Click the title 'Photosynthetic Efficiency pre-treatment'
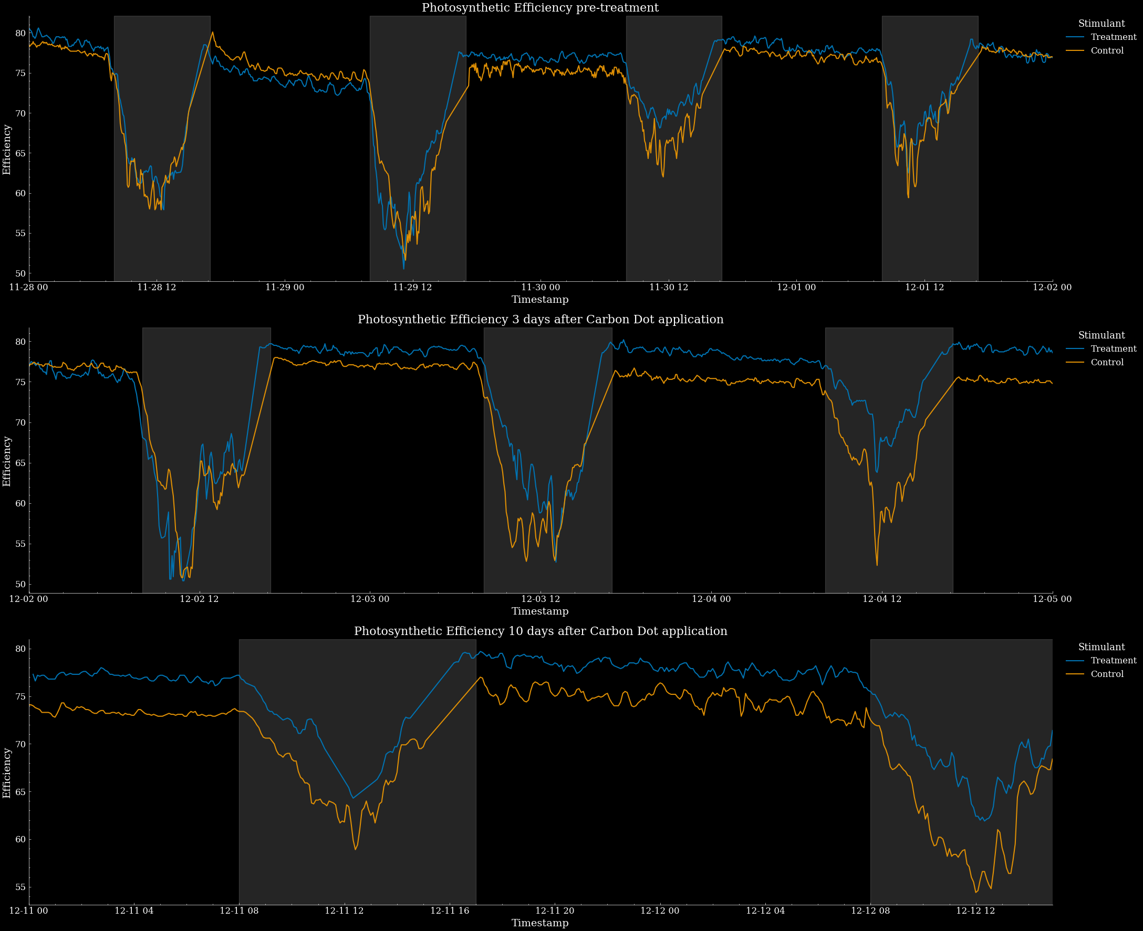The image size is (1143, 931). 540,8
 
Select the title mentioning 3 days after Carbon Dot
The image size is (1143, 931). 540,320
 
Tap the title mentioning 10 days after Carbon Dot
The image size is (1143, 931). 540,631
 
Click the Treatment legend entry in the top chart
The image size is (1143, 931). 1114,37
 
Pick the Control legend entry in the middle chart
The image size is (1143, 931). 1107,363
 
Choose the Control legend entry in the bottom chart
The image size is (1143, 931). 1107,674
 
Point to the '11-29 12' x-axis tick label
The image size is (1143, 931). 412,288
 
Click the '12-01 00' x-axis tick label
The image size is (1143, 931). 796,288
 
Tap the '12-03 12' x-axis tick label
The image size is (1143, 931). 541,599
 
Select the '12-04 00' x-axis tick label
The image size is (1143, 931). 711,599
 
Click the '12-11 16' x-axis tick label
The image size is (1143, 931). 450,911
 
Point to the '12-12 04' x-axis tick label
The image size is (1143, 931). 765,911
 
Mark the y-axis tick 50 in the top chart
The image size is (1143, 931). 20,273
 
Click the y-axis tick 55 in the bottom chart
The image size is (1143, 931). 20,887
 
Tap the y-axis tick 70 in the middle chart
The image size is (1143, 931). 20,422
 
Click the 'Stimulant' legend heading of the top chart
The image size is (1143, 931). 1101,24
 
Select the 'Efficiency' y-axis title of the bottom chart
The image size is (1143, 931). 7,773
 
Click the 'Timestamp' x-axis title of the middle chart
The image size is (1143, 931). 540,611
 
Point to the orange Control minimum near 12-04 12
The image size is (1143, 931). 877,565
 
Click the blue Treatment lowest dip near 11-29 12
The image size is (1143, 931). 404,268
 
